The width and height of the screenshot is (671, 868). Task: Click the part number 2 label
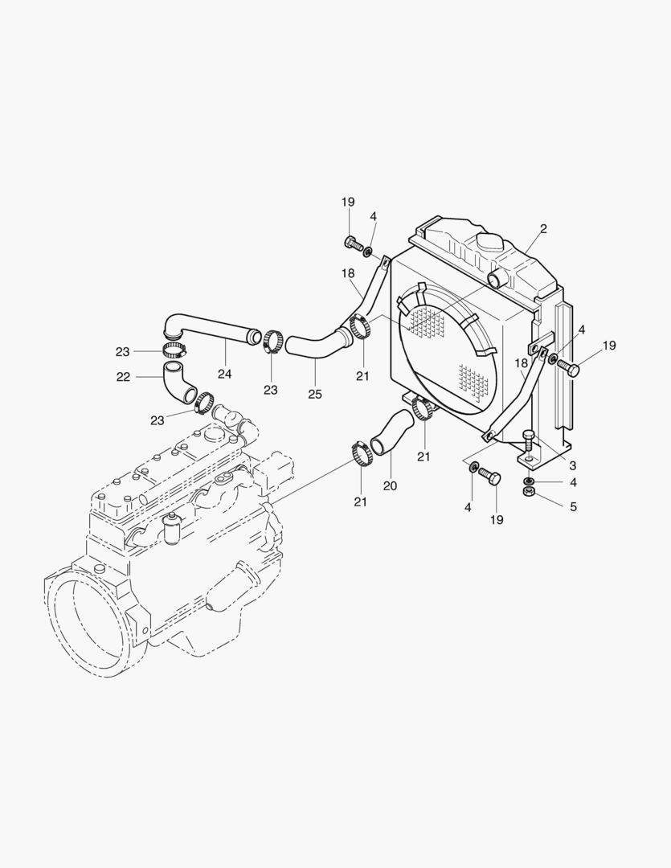tap(543, 229)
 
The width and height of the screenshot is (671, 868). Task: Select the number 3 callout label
tap(572, 465)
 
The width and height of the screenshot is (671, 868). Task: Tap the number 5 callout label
tap(573, 507)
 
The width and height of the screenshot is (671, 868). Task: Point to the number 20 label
tap(391, 485)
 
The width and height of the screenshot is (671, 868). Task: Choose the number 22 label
tap(122, 377)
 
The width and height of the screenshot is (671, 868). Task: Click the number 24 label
tap(225, 374)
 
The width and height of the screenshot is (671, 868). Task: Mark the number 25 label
tap(315, 394)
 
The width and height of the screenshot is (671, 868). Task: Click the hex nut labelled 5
tap(529, 491)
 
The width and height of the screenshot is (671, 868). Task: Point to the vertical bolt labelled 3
tap(528, 443)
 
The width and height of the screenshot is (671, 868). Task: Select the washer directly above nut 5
tap(528, 480)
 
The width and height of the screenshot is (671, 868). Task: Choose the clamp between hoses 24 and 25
tap(272, 341)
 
